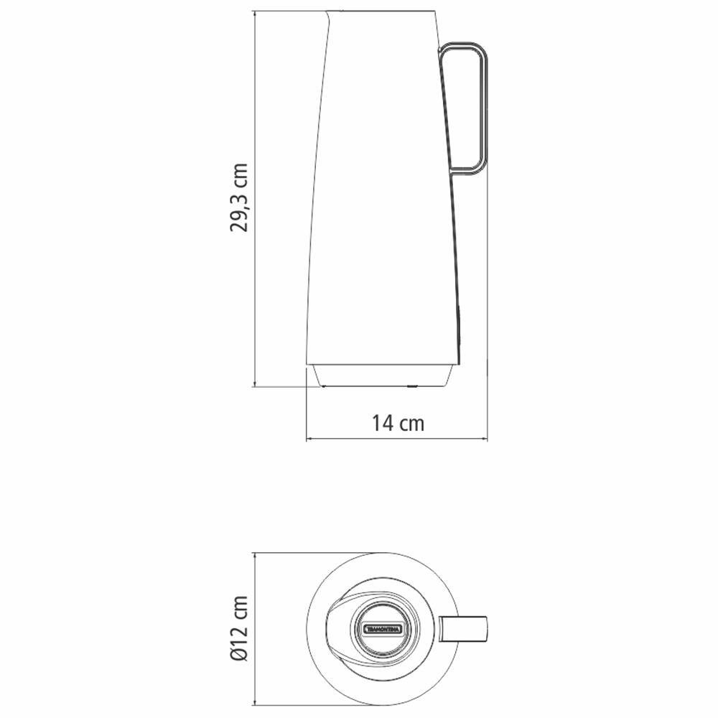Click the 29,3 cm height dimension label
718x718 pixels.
coord(238,198)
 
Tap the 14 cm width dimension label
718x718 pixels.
coord(398,423)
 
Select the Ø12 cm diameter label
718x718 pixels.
coord(238,629)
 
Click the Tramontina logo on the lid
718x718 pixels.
coord(383,629)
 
